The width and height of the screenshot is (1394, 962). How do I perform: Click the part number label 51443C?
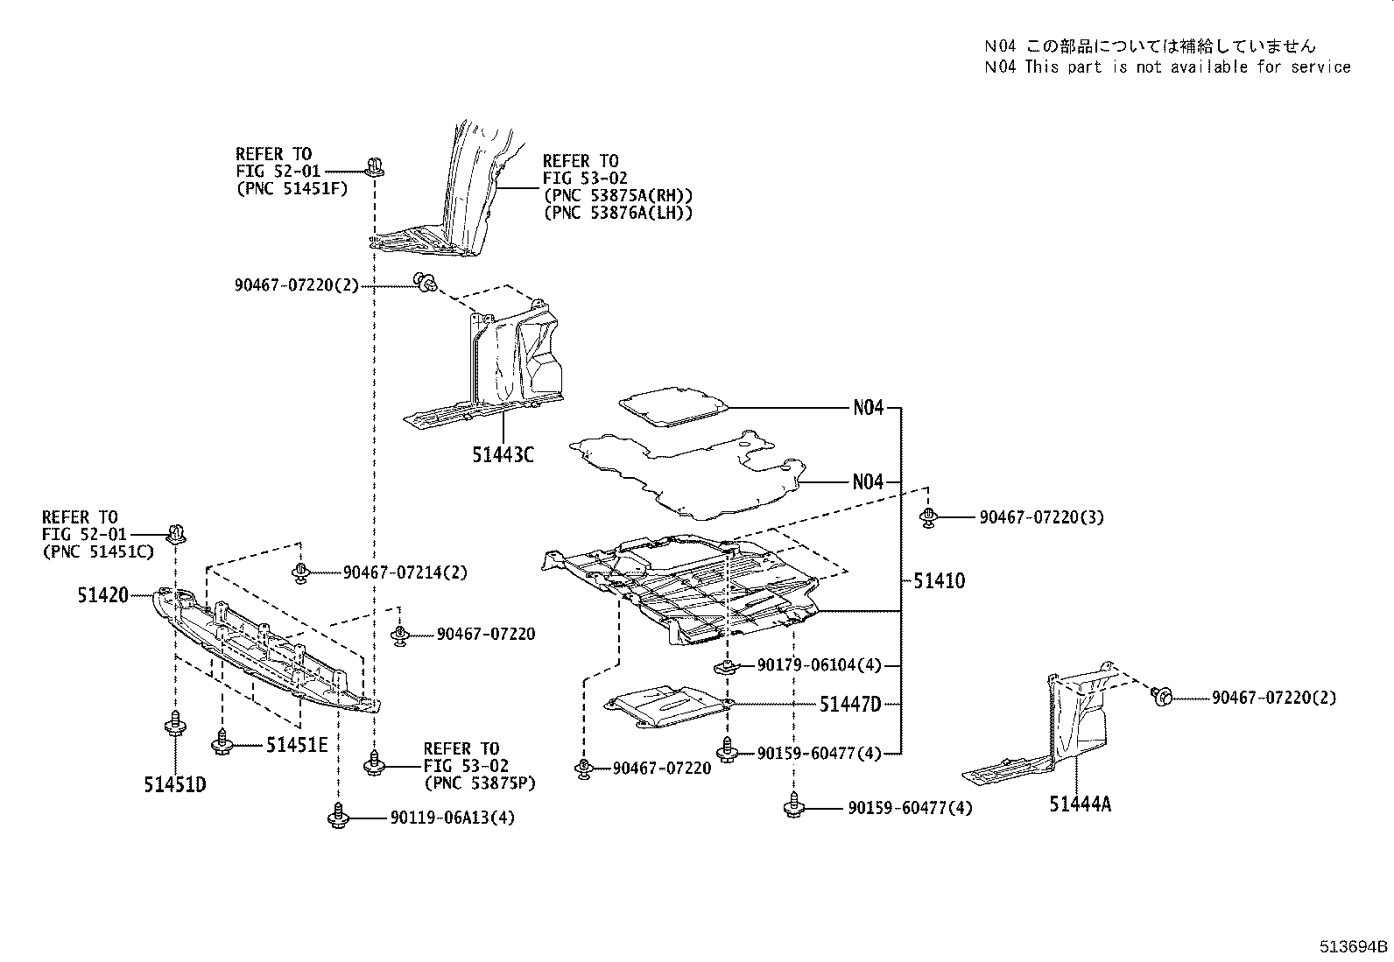pyautogui.click(x=503, y=455)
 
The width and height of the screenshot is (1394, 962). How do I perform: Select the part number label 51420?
pyautogui.click(x=102, y=595)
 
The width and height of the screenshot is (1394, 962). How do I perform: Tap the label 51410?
pyautogui.click(x=939, y=580)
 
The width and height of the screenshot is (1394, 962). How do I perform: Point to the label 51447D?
pyautogui.click(x=849, y=704)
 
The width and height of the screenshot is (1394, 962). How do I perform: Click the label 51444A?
pyautogui.click(x=1080, y=804)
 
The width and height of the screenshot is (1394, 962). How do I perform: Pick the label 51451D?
pyautogui.click(x=175, y=784)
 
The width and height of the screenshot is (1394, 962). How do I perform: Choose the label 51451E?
pyautogui.click(x=297, y=745)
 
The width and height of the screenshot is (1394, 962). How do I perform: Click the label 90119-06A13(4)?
pyautogui.click(x=453, y=818)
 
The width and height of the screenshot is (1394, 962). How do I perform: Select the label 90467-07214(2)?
pyautogui.click(x=405, y=572)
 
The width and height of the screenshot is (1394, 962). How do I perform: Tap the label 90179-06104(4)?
pyautogui.click(x=819, y=666)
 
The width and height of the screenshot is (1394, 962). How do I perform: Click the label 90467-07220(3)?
pyautogui.click(x=1041, y=517)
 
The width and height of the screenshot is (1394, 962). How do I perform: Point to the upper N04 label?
pyautogui.click(x=868, y=408)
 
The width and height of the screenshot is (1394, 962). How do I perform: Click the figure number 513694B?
pyautogui.click(x=1355, y=946)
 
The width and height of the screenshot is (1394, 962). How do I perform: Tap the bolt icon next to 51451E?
pyautogui.click(x=222, y=744)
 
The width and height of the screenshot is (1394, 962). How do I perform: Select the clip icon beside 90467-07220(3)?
pyautogui.click(x=927, y=516)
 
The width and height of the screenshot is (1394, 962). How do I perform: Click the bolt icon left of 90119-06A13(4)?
pyautogui.click(x=339, y=817)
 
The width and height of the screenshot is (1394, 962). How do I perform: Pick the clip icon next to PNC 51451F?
pyautogui.click(x=376, y=165)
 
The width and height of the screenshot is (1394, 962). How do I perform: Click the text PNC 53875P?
pyautogui.click(x=479, y=783)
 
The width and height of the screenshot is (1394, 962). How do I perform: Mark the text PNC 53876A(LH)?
pyautogui.click(x=617, y=213)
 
